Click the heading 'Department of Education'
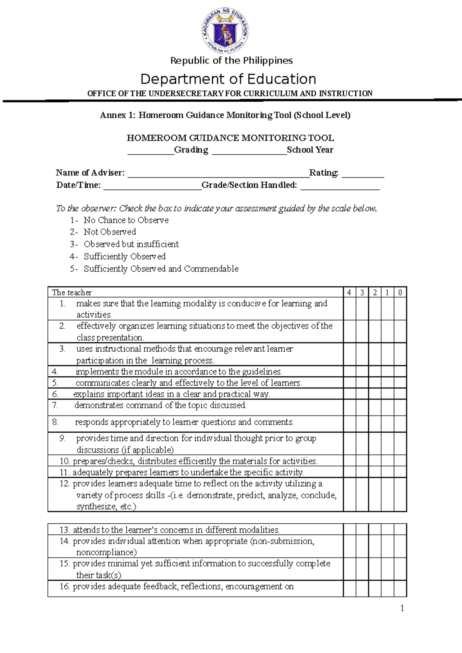(228, 79)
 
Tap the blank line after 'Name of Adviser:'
(218, 174)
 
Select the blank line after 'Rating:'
(363, 174)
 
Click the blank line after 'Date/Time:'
(152, 186)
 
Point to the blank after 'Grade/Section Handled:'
(340, 186)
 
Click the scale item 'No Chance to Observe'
(126, 220)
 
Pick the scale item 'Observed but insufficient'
(131, 244)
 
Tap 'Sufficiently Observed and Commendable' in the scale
(161, 269)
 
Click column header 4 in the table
(349, 292)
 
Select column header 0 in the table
(400, 292)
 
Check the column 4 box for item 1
(349, 309)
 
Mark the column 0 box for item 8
(400, 424)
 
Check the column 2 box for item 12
(375, 494)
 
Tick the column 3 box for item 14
(362, 546)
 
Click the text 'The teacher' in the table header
(72, 292)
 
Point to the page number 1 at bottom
(402, 608)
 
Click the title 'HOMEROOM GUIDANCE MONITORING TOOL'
(230, 138)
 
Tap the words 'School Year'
(310, 150)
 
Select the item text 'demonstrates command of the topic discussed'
(161, 406)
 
